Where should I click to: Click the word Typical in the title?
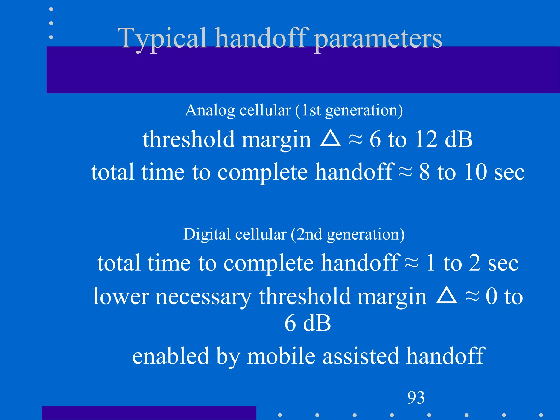(x=162, y=39)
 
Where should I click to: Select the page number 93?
(x=416, y=397)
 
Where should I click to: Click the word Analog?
(x=210, y=111)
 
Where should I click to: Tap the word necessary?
(x=203, y=297)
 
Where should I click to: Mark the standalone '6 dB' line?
(x=308, y=323)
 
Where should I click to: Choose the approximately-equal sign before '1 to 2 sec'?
(x=412, y=262)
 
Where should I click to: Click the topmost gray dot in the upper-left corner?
(x=51, y=9)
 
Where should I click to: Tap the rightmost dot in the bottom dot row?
(x=541, y=415)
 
